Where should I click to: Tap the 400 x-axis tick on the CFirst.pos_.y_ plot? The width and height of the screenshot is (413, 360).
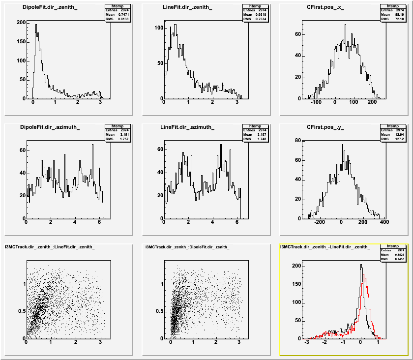pos(383,222)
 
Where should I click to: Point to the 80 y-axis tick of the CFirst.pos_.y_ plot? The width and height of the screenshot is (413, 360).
pos(296,140)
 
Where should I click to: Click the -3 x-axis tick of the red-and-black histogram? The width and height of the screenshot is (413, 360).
pos(307,342)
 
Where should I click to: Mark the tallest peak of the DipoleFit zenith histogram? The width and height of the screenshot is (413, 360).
pos(35,25)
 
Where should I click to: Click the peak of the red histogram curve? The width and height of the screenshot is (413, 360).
pos(364,275)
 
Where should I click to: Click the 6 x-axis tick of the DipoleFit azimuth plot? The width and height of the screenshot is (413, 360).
pos(99,222)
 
